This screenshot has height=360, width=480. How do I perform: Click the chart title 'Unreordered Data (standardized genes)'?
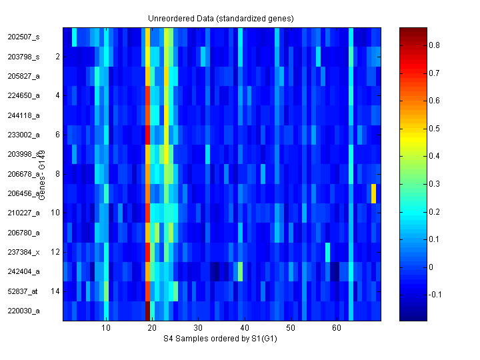(221, 18)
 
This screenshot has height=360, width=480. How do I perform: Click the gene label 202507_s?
(23, 37)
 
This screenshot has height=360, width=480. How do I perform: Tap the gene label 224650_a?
(23, 95)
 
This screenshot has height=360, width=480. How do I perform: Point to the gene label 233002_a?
(23, 135)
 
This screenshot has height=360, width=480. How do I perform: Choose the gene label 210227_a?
(23, 213)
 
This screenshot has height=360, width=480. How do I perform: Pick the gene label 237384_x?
(23, 252)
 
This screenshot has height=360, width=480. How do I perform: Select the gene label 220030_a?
(23, 311)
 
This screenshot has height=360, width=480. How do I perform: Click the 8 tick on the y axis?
(57, 174)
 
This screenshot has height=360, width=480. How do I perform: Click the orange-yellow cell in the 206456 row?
(374, 193)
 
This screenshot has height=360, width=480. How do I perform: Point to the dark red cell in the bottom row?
(147, 311)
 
